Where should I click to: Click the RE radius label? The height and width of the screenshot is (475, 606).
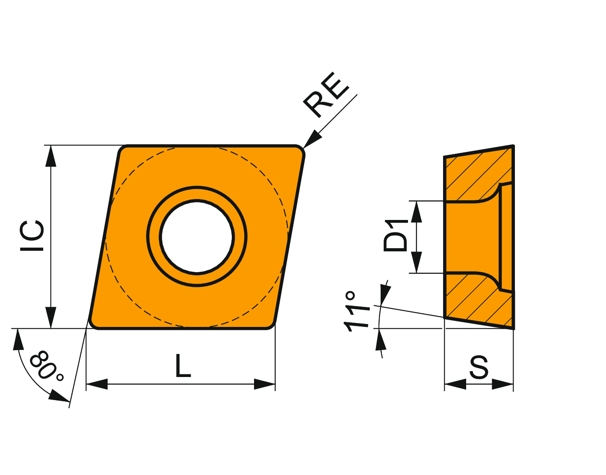click(x=326, y=95)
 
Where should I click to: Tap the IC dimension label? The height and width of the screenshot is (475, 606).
click(x=32, y=236)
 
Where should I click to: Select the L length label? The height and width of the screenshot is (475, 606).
click(x=183, y=365)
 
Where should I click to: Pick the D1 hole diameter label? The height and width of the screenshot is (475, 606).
click(x=396, y=236)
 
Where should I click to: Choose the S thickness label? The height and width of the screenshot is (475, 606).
click(x=479, y=367)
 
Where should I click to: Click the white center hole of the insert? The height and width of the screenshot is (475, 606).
click(x=197, y=237)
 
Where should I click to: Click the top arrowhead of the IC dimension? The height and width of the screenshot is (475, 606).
click(x=51, y=156)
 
